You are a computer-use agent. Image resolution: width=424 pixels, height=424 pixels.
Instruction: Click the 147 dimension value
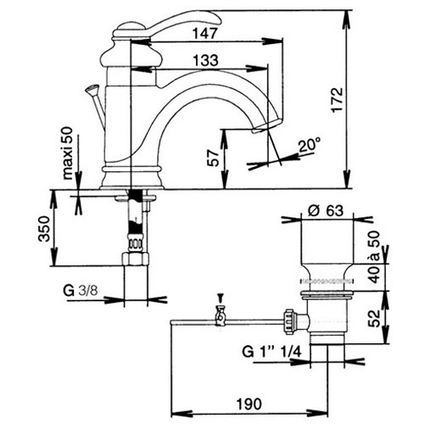(x=205, y=33)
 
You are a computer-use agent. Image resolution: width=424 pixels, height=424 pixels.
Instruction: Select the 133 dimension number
(x=205, y=60)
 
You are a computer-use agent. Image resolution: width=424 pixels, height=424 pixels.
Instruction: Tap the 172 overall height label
(x=338, y=100)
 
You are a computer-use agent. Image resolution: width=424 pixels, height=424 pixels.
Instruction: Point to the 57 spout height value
(x=213, y=158)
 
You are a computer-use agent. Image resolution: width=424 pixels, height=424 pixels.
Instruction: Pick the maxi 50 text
(x=68, y=153)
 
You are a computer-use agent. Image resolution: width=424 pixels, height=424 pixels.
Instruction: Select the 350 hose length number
(x=44, y=229)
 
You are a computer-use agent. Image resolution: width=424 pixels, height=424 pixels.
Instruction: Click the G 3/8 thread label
(x=81, y=291)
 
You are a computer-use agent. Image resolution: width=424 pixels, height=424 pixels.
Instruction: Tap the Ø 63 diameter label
(x=326, y=210)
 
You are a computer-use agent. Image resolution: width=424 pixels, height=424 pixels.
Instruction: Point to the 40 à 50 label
(x=375, y=257)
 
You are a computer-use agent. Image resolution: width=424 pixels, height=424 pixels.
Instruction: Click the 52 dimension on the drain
(x=375, y=318)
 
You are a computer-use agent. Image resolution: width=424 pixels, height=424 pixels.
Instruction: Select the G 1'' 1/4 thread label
(x=271, y=352)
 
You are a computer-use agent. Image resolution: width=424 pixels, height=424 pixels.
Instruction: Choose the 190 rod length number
(x=249, y=404)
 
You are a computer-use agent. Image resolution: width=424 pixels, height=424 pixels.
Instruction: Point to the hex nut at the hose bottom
(x=136, y=259)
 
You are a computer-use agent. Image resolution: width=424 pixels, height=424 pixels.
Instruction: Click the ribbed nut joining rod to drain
(x=290, y=322)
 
